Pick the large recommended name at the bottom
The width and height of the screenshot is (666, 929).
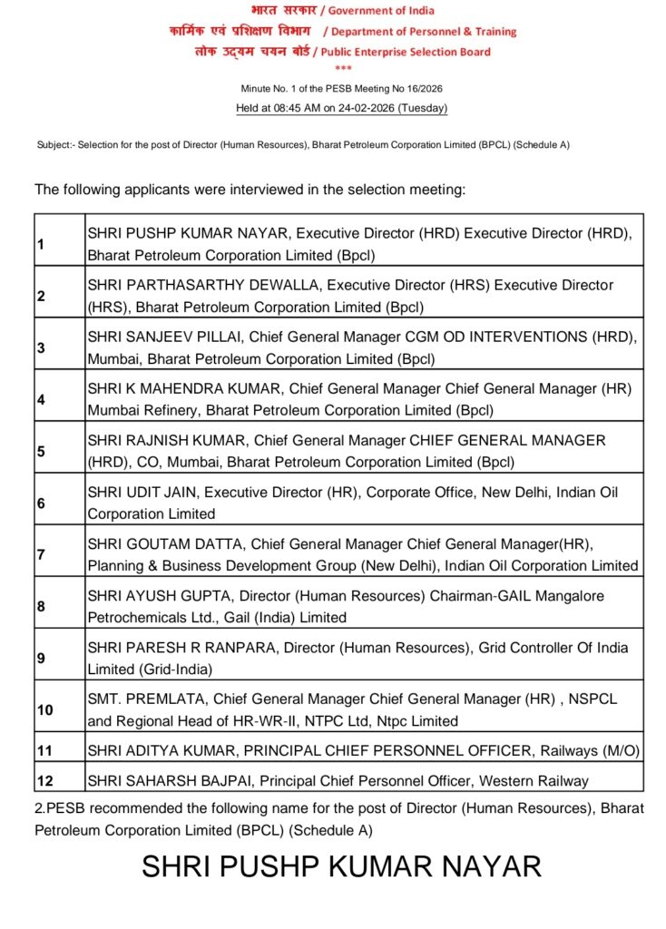pyautogui.click(x=340, y=866)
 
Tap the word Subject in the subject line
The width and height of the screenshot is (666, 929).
pyautogui.click(x=54, y=145)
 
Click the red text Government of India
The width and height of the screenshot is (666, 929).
pyautogui.click(x=381, y=11)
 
